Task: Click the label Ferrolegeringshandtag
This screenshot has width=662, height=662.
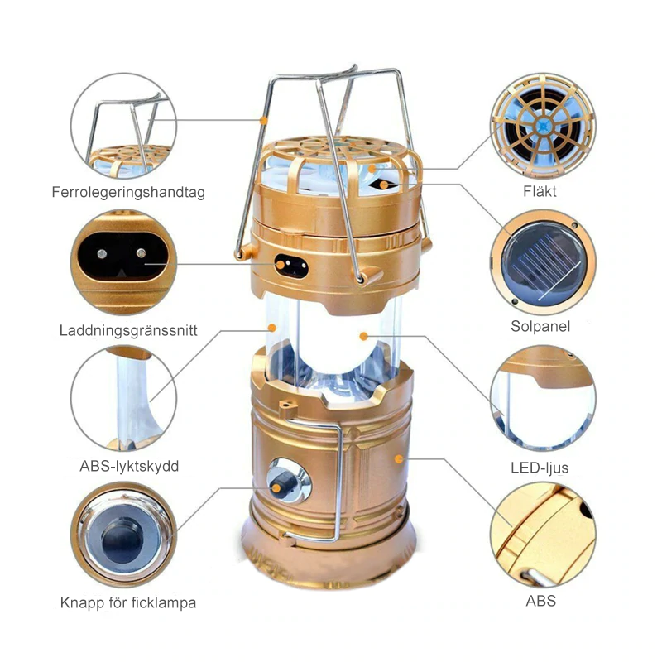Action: click(x=128, y=193)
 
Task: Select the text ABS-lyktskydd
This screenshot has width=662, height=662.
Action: click(x=128, y=466)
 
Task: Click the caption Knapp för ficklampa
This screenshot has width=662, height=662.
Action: click(x=128, y=602)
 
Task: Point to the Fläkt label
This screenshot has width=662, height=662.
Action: click(x=540, y=191)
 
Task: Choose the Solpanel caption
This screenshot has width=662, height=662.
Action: click(x=540, y=327)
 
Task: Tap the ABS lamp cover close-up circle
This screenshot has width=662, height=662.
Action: click(x=124, y=399)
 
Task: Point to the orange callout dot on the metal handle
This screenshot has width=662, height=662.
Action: click(x=264, y=121)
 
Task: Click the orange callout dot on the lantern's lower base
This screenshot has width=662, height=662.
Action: click(x=400, y=457)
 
